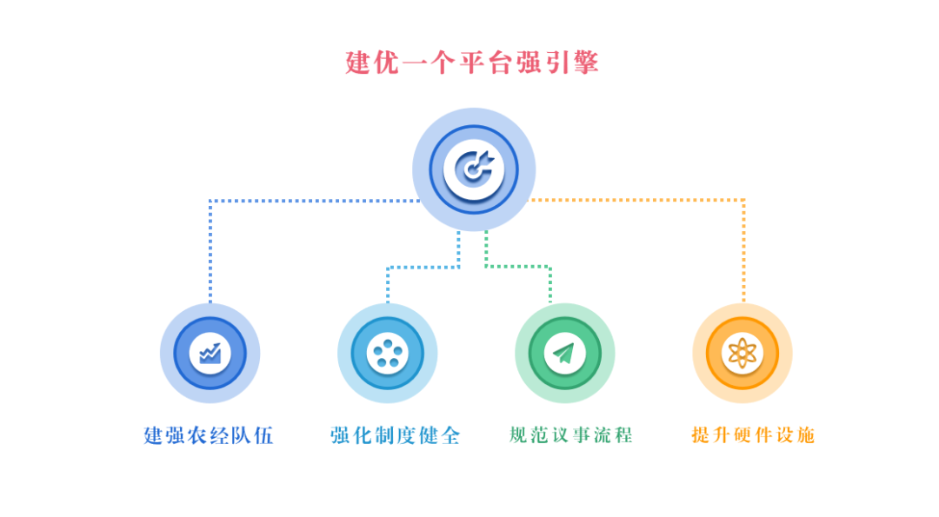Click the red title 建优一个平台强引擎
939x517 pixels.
(472, 63)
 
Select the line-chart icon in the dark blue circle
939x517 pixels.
(210, 353)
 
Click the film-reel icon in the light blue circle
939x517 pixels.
(388, 353)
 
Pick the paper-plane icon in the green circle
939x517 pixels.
(564, 353)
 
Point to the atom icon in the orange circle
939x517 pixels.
(743, 353)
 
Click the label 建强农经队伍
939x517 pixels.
(209, 435)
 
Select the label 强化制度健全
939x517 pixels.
(396, 435)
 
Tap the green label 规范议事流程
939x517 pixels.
(570, 435)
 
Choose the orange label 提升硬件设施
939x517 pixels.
(753, 435)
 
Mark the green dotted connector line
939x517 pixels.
(517, 266)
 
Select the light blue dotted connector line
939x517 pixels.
(423, 267)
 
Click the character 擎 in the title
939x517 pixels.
(586, 63)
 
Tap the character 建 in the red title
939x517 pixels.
(357, 63)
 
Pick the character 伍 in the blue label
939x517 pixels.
(263, 435)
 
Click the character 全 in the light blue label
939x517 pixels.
(450, 435)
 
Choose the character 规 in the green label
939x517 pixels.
(518, 435)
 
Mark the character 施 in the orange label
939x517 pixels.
(805, 435)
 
